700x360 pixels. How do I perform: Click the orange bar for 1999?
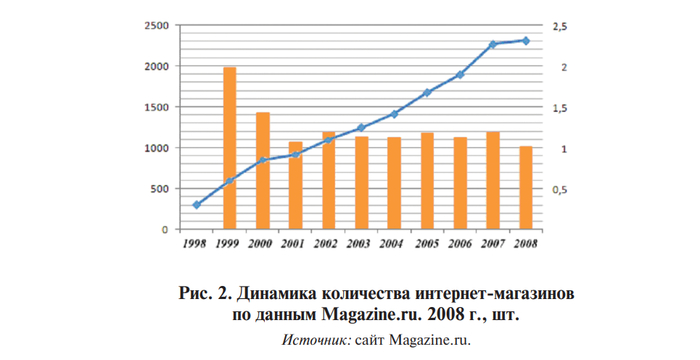(x=229, y=148)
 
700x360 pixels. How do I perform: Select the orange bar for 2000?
(x=262, y=171)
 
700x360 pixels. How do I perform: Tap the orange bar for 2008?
(x=526, y=188)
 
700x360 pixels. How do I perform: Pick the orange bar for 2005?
(x=427, y=181)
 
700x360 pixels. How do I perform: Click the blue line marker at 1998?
(x=197, y=205)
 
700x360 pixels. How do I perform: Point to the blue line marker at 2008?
(x=526, y=41)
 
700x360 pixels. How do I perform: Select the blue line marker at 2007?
(x=493, y=45)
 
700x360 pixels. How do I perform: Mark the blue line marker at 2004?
(x=394, y=114)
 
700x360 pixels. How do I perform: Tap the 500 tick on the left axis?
(x=159, y=189)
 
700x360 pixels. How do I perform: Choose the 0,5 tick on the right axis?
(x=556, y=190)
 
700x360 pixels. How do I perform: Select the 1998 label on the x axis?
(x=196, y=243)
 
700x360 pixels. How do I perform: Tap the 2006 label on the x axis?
(x=460, y=243)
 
